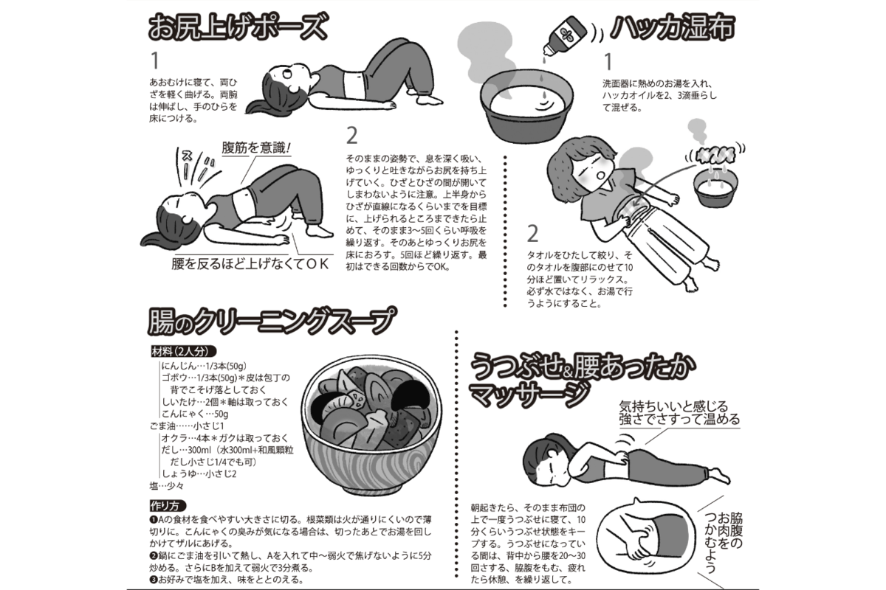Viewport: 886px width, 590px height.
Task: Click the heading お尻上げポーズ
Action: point(238,27)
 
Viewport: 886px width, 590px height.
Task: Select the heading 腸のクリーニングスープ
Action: point(272,321)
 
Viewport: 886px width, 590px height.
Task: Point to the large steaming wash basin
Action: point(527,108)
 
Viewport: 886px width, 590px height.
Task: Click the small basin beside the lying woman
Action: point(715,188)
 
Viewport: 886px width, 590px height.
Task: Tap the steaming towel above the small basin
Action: point(715,155)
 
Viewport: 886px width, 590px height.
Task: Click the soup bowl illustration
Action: point(371,426)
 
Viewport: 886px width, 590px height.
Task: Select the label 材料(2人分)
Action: point(184,351)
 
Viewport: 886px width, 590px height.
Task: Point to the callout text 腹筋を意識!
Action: point(256,147)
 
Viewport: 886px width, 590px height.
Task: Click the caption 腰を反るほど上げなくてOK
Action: point(250,263)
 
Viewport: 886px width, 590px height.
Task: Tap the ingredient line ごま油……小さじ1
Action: point(187,426)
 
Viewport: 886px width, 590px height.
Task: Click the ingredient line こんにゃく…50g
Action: point(195,414)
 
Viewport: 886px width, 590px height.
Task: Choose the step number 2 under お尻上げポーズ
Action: point(351,136)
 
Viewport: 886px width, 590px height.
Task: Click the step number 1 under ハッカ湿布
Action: point(608,62)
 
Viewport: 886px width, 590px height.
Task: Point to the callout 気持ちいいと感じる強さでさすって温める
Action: point(679,412)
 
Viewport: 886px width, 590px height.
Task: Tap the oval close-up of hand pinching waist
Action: point(645,536)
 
